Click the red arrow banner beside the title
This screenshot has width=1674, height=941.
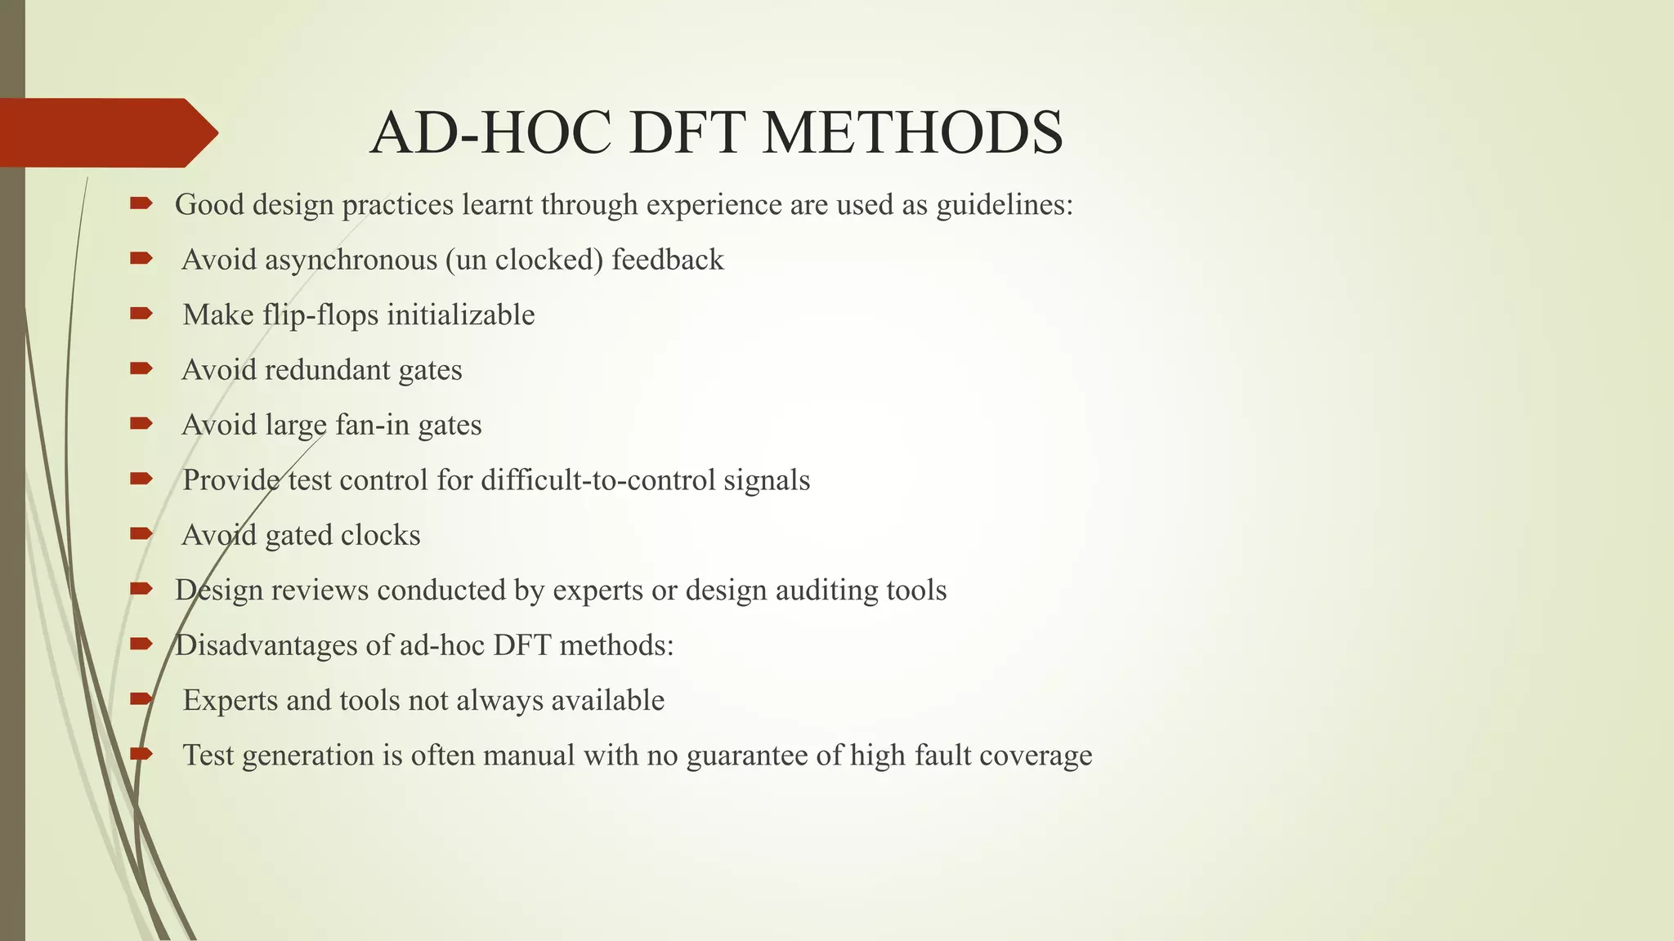[106, 132]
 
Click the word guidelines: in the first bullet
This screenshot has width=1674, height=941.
[1005, 205]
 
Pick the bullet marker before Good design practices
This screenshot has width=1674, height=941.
[141, 203]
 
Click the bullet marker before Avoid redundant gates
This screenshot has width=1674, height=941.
[141, 369]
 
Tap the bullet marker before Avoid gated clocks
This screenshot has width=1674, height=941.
[141, 534]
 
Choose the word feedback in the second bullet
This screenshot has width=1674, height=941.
[668, 260]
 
